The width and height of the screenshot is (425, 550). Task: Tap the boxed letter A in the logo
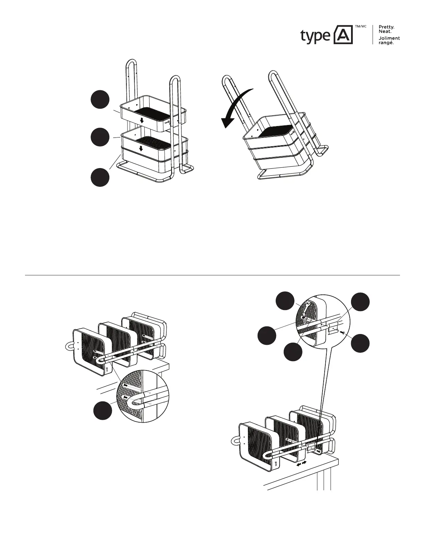(343, 35)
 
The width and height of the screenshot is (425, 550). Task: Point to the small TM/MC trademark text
(360, 27)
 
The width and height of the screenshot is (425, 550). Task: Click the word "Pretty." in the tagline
(386, 27)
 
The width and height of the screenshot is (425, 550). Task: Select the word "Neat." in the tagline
(385, 32)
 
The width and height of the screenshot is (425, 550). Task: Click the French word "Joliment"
(389, 38)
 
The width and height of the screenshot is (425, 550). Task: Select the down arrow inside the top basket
(141, 120)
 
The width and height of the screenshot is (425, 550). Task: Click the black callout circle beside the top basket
(100, 100)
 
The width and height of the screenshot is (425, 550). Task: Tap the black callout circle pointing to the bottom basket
(100, 177)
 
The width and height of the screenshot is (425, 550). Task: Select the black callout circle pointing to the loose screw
(360, 343)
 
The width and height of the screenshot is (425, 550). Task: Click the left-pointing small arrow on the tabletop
(298, 464)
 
